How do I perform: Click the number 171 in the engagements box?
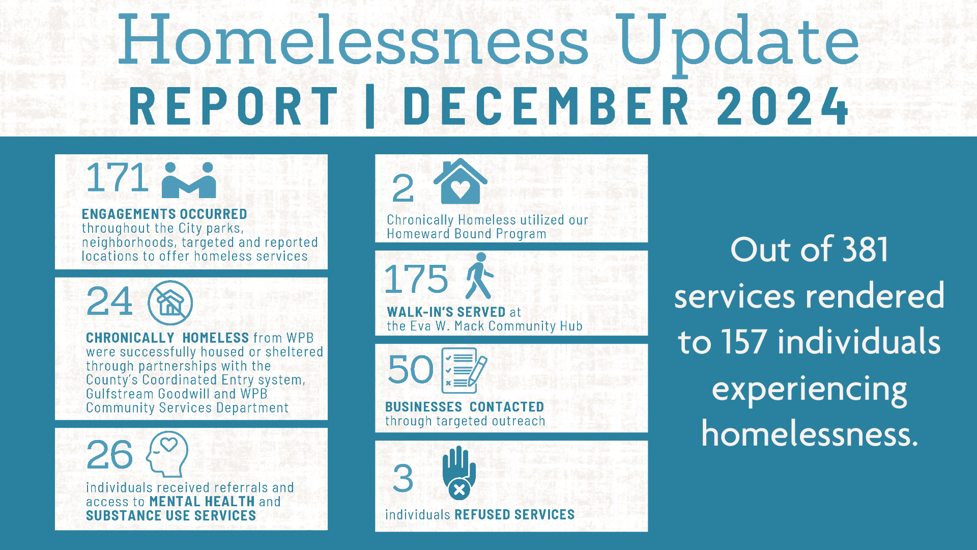[x=118, y=178]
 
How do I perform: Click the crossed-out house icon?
[x=170, y=302]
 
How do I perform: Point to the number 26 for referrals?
[x=109, y=454]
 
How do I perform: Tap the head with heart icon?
[x=167, y=454]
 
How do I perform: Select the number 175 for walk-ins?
[x=416, y=279]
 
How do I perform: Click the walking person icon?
[x=479, y=276]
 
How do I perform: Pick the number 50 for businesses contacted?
[x=410, y=370]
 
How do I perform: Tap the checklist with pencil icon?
[x=464, y=370]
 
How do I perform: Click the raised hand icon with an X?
[x=459, y=473]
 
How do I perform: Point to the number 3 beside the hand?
[x=403, y=479]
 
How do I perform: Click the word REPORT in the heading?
[x=234, y=106]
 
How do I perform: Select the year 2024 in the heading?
[x=783, y=106]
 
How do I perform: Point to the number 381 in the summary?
[x=865, y=250]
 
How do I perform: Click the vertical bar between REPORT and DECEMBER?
[x=370, y=106]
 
